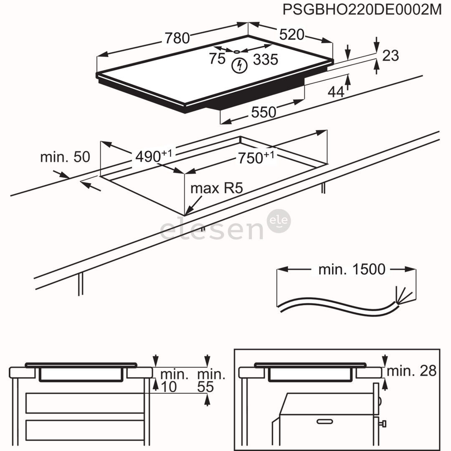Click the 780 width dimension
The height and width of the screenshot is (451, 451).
(177, 38)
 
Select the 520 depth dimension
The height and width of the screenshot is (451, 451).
(291, 35)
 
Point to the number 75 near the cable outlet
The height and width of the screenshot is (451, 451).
(217, 59)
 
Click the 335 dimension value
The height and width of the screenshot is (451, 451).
(266, 60)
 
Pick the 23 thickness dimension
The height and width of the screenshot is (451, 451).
(390, 55)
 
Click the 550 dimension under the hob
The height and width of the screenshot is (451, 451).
(264, 112)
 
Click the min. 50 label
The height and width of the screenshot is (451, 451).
(65, 157)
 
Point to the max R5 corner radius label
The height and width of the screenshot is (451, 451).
(216, 188)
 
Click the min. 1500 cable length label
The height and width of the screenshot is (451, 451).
(352, 270)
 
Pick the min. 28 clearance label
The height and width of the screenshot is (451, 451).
(411, 370)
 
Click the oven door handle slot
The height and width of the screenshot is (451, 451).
(325, 421)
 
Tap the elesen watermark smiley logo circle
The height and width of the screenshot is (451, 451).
(278, 221)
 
